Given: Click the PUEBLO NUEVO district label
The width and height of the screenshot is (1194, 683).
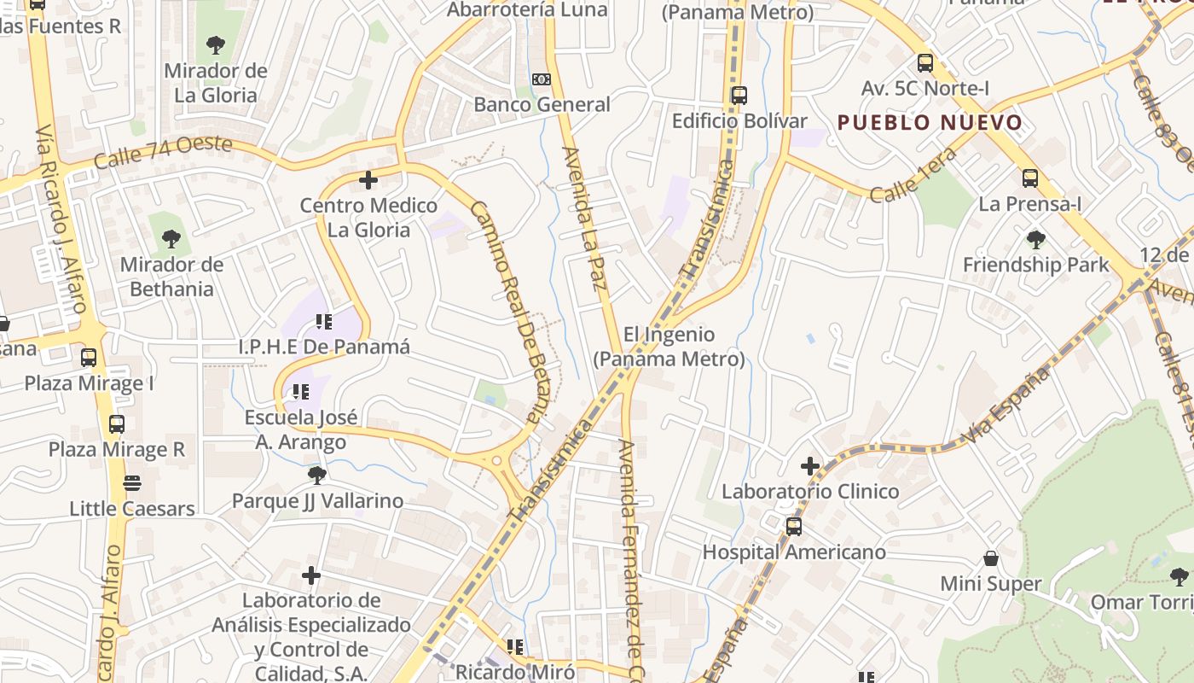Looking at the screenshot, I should tap(930, 122).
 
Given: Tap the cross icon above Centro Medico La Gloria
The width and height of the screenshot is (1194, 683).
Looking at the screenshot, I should tap(368, 180).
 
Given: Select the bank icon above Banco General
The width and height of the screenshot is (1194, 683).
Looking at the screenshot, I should tap(542, 79).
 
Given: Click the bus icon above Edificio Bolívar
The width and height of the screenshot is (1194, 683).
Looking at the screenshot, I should tap(739, 95).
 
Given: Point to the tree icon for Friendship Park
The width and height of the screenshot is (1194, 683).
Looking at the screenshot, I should tap(1036, 239).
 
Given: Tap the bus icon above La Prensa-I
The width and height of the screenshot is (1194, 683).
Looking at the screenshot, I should tap(1030, 178).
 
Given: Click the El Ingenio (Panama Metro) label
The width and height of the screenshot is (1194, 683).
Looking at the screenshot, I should tap(669, 346).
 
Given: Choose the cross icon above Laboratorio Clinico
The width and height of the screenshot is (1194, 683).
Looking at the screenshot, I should tap(810, 466).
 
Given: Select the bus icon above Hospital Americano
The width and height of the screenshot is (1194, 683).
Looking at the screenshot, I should tap(794, 526).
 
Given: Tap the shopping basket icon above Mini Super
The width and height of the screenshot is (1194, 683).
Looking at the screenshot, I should tap(991, 558).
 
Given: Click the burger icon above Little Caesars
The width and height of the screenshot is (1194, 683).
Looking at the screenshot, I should tap(132, 483).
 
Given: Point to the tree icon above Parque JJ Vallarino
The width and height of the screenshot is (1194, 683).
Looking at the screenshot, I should tap(317, 475).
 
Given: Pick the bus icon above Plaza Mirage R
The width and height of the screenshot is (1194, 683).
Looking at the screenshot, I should tap(117, 423).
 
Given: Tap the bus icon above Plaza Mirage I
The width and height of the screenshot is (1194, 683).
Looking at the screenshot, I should tap(89, 357).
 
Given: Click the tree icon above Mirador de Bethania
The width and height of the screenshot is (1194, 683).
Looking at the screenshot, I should tap(171, 238).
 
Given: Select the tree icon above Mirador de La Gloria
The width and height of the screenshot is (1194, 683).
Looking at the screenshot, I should tap(216, 44).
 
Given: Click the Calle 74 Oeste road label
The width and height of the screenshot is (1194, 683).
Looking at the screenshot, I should tap(163, 153).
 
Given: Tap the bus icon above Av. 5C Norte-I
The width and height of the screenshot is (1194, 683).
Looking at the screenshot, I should tap(925, 62).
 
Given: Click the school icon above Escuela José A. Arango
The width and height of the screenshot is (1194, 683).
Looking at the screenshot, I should tap(300, 392).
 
